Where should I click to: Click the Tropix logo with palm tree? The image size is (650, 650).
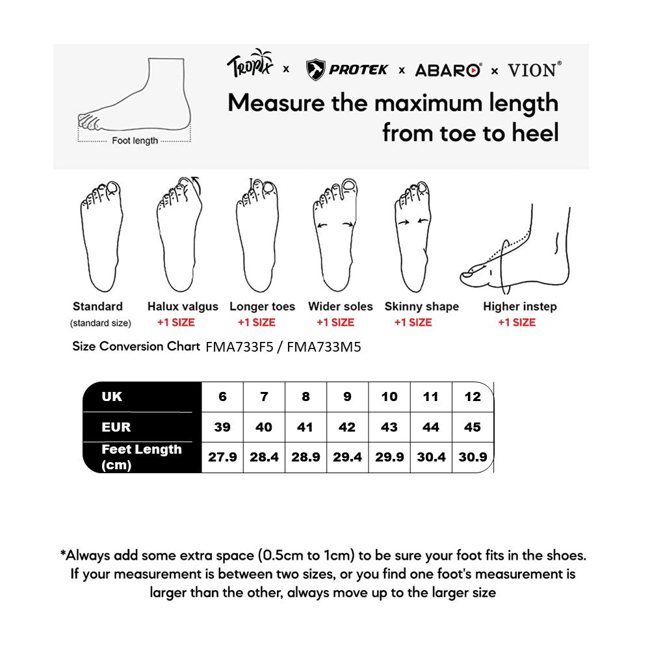coord(251,65)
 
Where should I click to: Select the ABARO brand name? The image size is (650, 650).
coord(448,70)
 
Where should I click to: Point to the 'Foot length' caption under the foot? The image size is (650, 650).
coord(135,140)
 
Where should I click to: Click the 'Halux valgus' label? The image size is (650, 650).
coord(183,307)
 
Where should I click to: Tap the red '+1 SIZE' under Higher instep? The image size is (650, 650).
coord(517,322)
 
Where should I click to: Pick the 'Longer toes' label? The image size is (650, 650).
coord(262,307)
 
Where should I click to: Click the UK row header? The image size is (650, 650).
coord(112,396)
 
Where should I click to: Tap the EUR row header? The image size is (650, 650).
coord(116,427)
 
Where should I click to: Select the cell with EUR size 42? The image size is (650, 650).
coord(347,427)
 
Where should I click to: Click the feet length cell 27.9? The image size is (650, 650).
coord(222,457)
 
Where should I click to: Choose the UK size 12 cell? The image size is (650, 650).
coord(473,396)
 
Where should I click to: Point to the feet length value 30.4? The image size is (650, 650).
coord(431,457)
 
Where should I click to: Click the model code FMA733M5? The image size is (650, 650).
coord(324,347)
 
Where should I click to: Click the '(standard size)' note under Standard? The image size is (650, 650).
coord(100,323)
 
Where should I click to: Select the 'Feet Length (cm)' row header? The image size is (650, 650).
coord(141,457)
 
